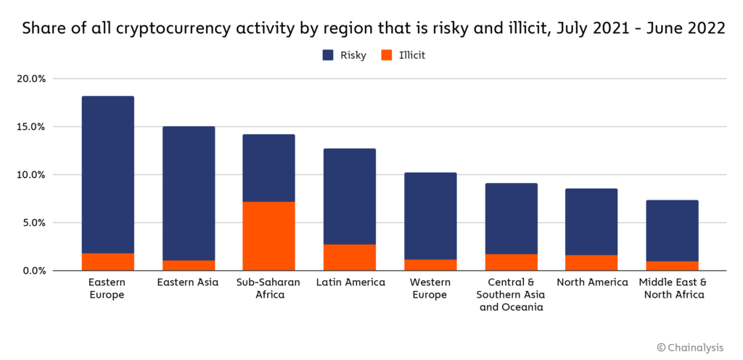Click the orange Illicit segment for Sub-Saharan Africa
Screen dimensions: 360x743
point(268,236)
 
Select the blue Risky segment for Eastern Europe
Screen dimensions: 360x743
point(107,174)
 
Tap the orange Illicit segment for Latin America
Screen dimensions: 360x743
point(349,257)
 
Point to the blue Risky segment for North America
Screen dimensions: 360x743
point(591,222)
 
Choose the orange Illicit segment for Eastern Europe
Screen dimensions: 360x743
point(107,261)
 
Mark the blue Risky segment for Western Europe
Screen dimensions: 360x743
point(430,216)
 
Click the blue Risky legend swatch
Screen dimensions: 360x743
point(328,55)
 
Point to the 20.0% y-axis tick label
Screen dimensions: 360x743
point(31,78)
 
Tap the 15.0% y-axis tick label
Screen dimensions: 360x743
point(31,126)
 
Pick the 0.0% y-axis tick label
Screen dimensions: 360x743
point(33,271)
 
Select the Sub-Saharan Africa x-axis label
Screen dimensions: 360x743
point(268,288)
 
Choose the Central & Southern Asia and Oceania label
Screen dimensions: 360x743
point(510,294)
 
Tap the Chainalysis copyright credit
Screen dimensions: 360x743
point(690,348)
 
